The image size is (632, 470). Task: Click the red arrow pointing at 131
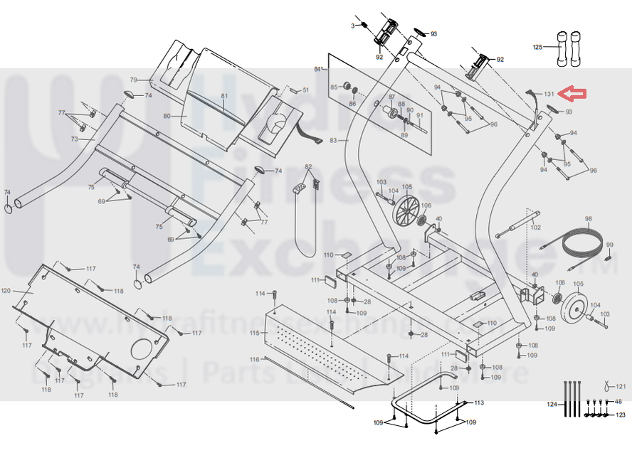tap(573, 93)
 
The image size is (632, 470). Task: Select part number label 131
tap(549, 94)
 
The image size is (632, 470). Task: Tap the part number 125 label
tap(538, 47)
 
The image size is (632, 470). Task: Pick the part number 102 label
tap(536, 228)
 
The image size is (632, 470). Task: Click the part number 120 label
tap(6, 291)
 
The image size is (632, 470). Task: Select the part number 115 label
tap(254, 333)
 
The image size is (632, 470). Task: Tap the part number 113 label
tap(479, 402)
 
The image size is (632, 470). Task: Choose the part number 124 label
tap(552, 405)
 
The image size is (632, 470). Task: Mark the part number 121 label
tap(620, 388)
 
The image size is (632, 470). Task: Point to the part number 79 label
tap(133, 80)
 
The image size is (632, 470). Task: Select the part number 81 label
tap(224, 96)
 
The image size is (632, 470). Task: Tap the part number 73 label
tap(74, 139)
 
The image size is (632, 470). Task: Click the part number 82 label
tap(309, 166)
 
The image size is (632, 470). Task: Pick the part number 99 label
tap(609, 245)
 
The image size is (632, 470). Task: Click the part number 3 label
tap(352, 26)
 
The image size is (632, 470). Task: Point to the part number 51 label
tap(305, 90)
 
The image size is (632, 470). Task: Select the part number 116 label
tap(254, 359)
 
